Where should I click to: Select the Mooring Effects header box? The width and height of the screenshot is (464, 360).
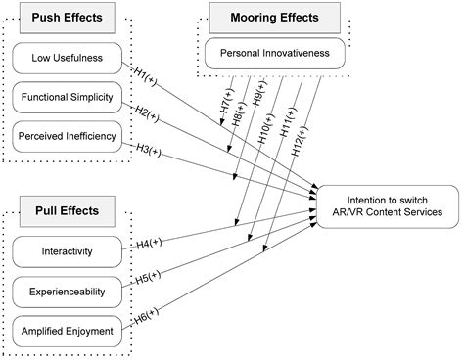276,17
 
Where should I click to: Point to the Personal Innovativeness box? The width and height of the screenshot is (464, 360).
276,54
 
